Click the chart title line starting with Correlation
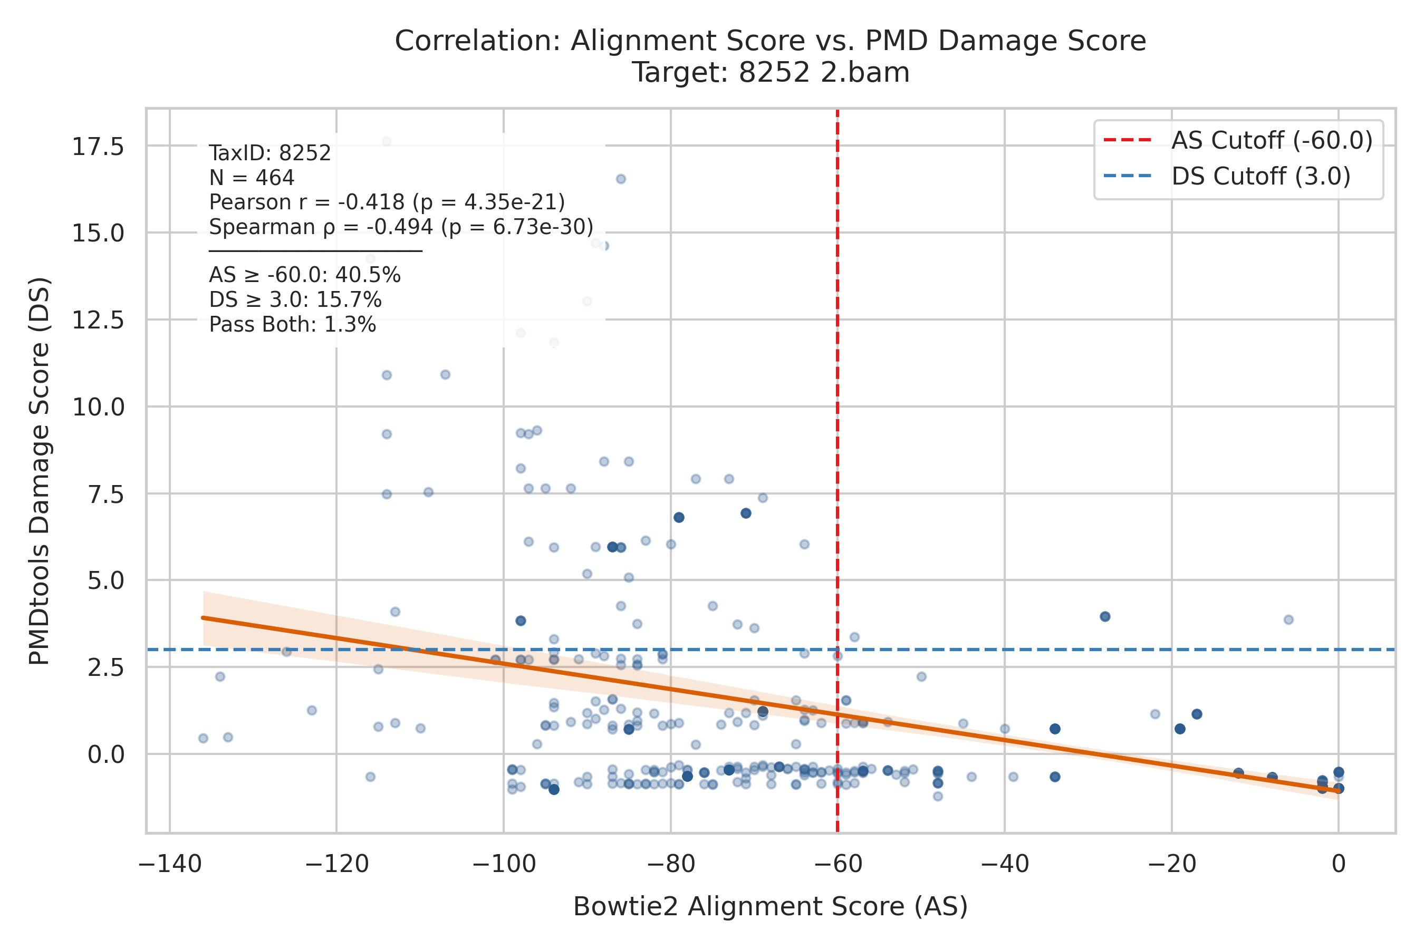tap(770, 41)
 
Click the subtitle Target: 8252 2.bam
tap(771, 73)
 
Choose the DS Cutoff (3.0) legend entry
tap(1227, 177)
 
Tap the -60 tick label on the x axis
tap(838, 864)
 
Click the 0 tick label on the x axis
tap(1339, 864)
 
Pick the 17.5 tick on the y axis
tap(98, 147)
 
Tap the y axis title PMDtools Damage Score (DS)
tap(40, 471)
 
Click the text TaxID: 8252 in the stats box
tap(270, 153)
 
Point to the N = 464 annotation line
tap(252, 178)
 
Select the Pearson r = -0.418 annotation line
tap(387, 202)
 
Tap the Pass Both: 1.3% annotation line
tap(292, 325)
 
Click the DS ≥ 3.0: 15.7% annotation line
tap(295, 300)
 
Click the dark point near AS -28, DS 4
tap(1105, 617)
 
